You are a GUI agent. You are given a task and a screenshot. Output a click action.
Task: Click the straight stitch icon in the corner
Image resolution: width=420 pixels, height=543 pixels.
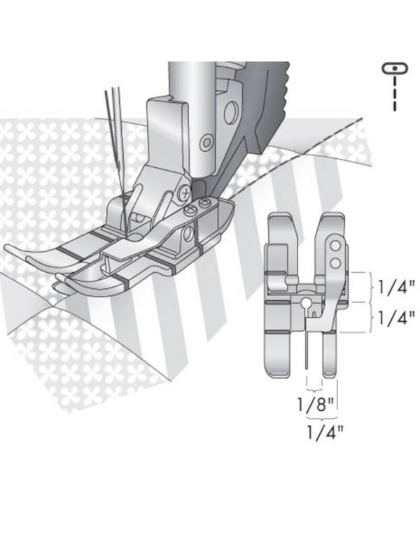point(394,69)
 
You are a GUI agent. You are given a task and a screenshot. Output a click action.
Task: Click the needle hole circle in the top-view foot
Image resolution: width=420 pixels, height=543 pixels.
point(306,303)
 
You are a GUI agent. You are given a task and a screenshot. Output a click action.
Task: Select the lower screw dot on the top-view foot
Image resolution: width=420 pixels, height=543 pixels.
point(336,262)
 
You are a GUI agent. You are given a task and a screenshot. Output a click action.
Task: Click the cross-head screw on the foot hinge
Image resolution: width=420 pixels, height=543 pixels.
point(183,190)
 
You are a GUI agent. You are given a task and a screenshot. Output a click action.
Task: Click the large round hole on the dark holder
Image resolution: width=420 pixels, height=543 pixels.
point(229,112)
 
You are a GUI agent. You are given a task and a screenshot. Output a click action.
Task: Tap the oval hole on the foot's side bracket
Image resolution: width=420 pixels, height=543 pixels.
point(188,232)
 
